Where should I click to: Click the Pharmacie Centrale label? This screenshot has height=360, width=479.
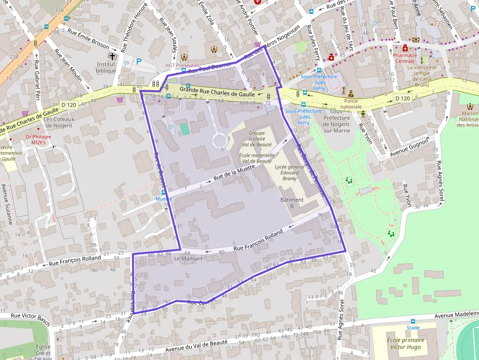pyautogui.click(x=405, y=58)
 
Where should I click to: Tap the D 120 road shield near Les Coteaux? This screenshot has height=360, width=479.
pyautogui.click(x=69, y=105)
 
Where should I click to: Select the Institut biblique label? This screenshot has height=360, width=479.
pyautogui.click(x=106, y=67)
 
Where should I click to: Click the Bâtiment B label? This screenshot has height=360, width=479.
pyautogui.click(x=292, y=203)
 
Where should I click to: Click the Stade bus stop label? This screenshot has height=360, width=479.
pyautogui.click(x=413, y=328)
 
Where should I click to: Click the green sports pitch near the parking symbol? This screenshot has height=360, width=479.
pyautogui.click(x=184, y=129)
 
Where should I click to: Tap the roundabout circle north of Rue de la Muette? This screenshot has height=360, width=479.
pyautogui.click(x=219, y=141)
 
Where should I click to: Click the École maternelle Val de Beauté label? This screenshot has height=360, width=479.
pyautogui.click(x=256, y=158)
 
